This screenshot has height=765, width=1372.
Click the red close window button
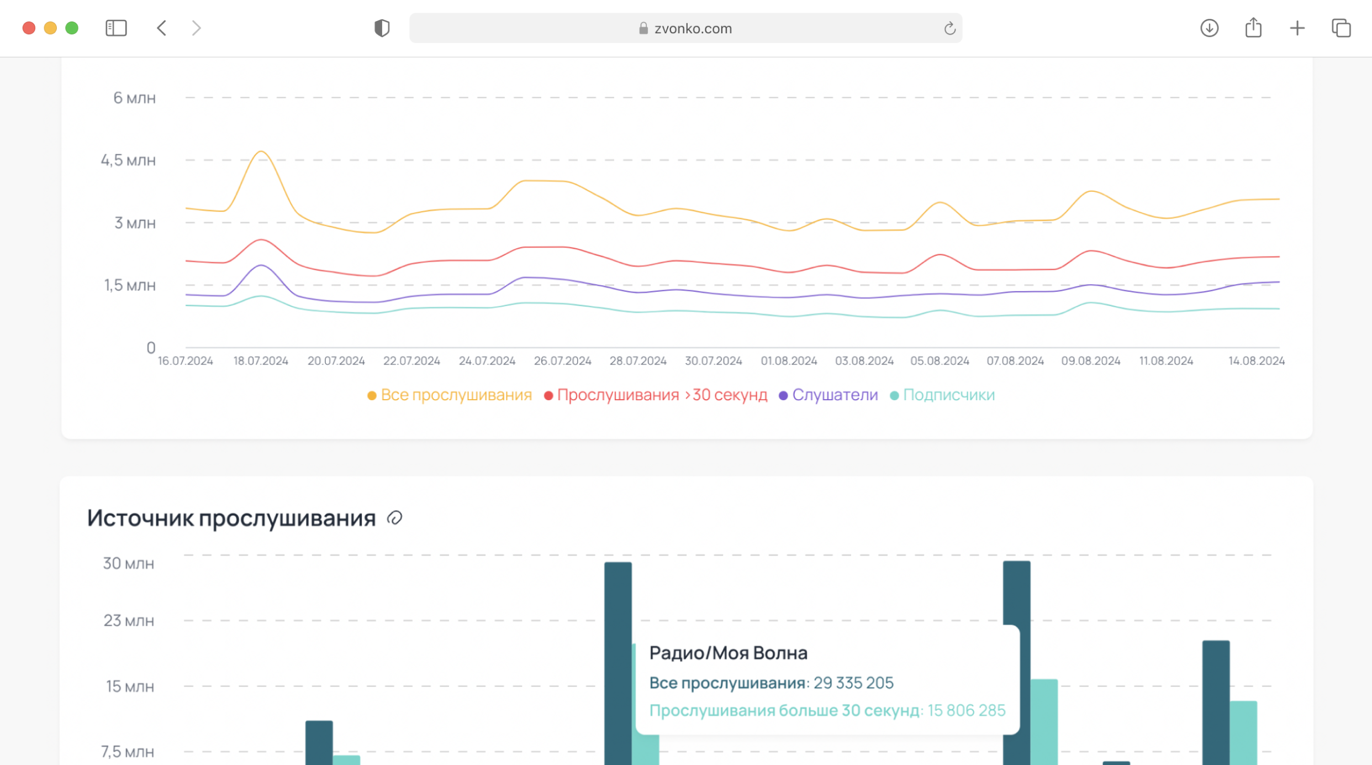[29, 28]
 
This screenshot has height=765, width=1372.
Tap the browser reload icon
[949, 28]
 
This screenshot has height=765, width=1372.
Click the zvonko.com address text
[693, 29]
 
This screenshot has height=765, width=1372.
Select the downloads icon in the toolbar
[1209, 28]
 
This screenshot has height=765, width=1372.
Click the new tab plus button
[1297, 28]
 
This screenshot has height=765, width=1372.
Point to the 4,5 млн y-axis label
[128, 160]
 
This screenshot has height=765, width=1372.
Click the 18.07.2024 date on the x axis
[261, 361]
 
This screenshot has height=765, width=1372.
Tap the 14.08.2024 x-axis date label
[1256, 361]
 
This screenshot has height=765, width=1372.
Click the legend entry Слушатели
[835, 395]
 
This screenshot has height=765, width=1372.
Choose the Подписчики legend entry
[948, 395]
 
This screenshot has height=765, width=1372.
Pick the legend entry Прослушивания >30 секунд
[662, 395]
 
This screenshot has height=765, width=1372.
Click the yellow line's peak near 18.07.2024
[261, 151]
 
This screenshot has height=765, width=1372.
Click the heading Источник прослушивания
[231, 518]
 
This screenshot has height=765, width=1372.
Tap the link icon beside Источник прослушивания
[394, 518]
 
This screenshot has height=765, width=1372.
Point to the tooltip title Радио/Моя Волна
[728, 653]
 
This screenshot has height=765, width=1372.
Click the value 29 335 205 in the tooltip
[853, 683]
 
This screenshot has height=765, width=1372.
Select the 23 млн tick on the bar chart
[129, 621]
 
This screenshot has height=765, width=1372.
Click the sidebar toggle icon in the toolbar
[116, 28]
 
